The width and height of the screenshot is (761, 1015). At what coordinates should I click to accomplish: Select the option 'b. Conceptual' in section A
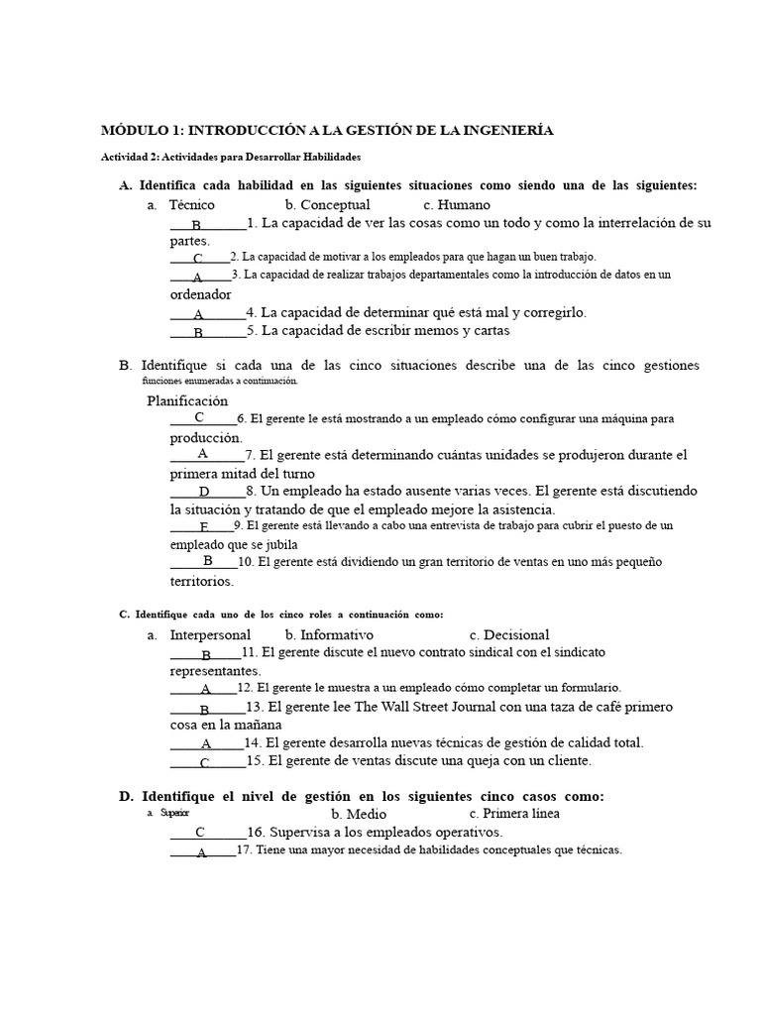coord(327,204)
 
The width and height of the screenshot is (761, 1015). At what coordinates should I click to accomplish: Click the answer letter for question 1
coord(197,225)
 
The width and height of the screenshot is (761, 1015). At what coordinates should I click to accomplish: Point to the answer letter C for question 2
coord(198,259)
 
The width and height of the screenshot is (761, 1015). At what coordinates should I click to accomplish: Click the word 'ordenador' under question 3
coord(200,293)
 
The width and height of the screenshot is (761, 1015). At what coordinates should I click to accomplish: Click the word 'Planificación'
coord(187,400)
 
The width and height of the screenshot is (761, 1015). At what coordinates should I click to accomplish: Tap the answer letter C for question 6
coord(199,417)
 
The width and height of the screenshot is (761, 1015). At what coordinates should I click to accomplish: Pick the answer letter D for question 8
coord(204,492)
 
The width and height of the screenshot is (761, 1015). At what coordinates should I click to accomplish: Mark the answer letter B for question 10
coord(208,561)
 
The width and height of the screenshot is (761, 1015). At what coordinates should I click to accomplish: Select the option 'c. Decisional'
coord(509,634)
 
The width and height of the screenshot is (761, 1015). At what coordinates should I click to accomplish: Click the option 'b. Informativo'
coord(329,634)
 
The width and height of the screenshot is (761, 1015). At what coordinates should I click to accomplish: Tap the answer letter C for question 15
coord(204,762)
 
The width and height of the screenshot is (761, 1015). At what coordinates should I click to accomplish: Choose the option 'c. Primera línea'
coord(514,814)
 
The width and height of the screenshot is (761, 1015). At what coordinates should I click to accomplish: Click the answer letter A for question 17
coord(201,852)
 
